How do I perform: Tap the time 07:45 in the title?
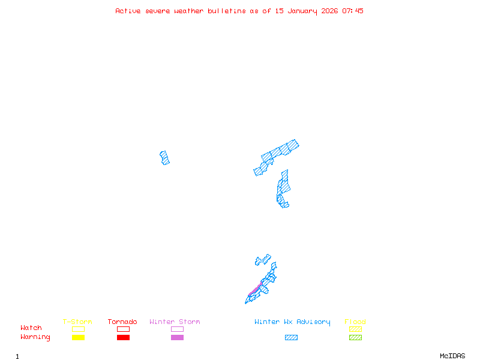(x=353, y=11)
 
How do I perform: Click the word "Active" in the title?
(x=128, y=11)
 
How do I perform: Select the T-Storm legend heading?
(x=77, y=322)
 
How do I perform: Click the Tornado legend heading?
(x=122, y=322)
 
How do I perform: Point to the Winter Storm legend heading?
(x=175, y=322)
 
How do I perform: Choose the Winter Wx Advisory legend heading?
(x=292, y=322)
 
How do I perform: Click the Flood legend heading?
(x=355, y=322)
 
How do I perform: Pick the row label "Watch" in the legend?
(x=31, y=328)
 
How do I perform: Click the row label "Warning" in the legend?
(x=35, y=337)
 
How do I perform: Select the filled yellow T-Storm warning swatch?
(x=78, y=338)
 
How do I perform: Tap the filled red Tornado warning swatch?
(x=123, y=338)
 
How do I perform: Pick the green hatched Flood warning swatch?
(x=355, y=338)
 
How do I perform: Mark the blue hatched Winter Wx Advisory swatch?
(x=291, y=338)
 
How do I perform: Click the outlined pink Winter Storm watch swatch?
(x=177, y=329)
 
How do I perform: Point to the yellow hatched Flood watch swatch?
(x=355, y=329)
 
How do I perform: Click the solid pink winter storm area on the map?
(x=256, y=290)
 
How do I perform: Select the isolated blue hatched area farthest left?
(x=164, y=158)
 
